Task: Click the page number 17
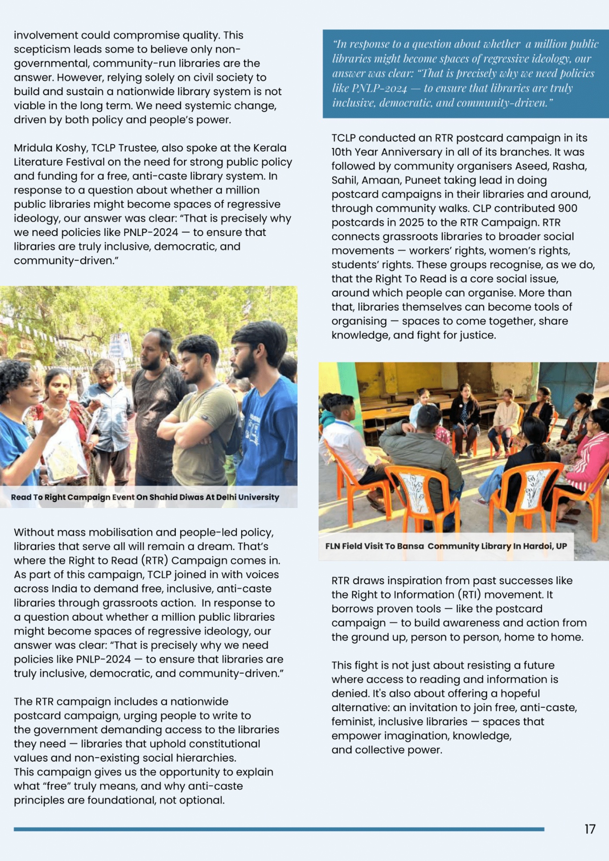click(590, 829)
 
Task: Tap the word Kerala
click(270, 148)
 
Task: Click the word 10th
click(342, 152)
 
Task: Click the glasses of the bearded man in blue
click(242, 350)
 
